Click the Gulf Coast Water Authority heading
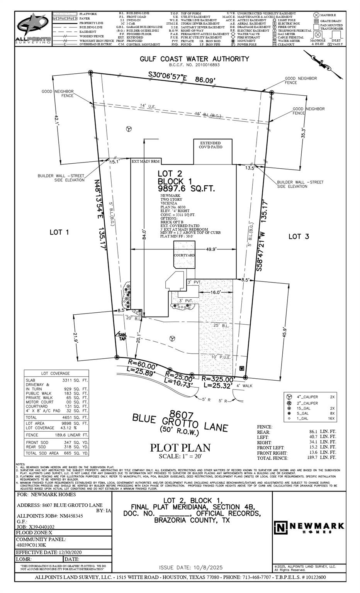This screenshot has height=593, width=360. [x=194, y=59]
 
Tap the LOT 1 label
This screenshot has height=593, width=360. [x=59, y=232]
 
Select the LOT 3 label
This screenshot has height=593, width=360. [x=299, y=236]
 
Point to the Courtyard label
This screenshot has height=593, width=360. [x=184, y=255]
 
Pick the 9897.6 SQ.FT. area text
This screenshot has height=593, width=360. [x=185, y=189]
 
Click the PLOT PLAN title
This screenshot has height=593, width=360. [x=180, y=448]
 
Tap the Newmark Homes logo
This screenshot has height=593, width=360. [x=309, y=526]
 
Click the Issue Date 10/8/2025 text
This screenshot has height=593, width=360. [x=191, y=567]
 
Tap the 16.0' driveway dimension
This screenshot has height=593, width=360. [x=215, y=292]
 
